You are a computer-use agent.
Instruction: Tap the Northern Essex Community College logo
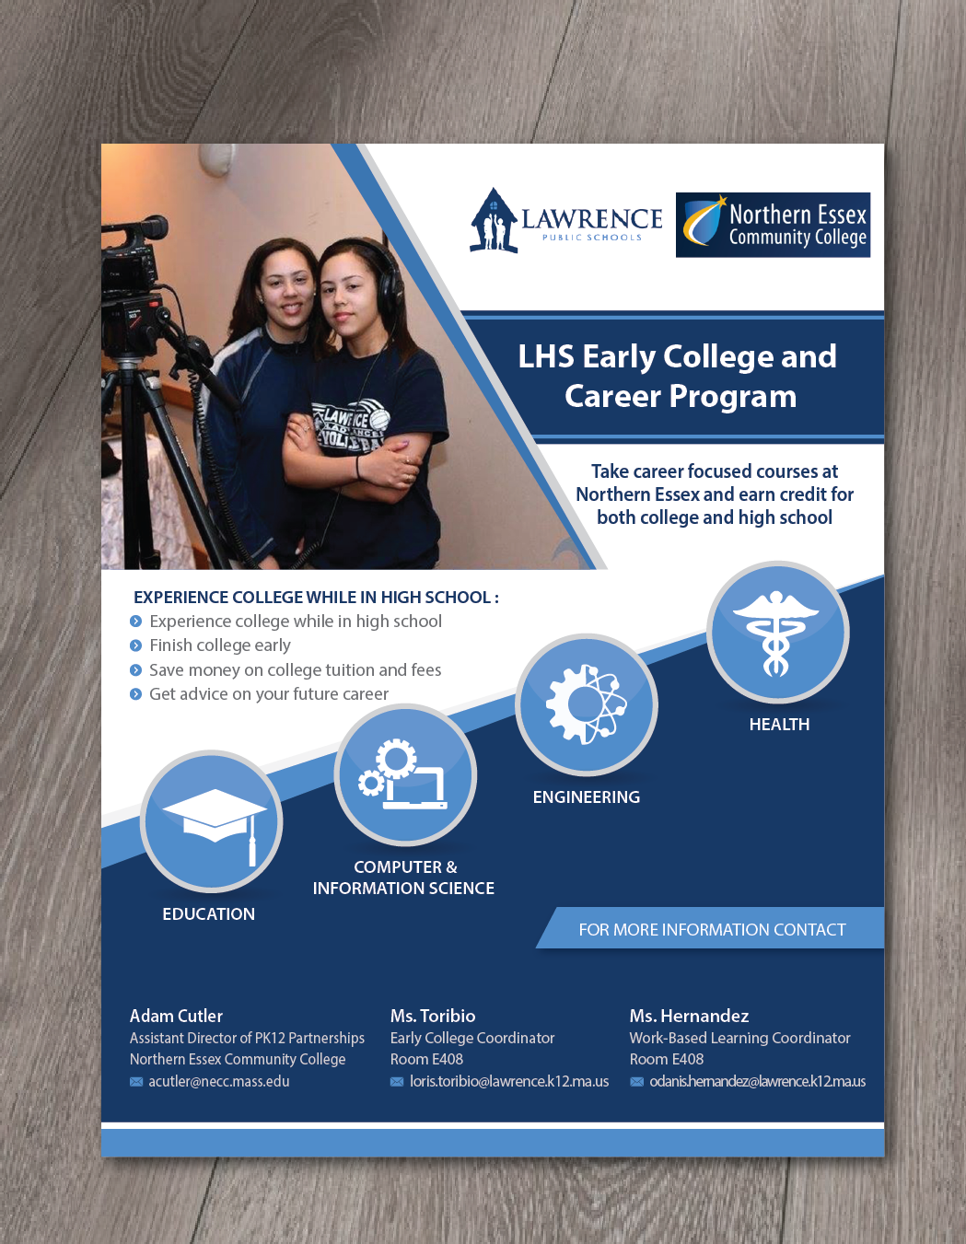(x=773, y=225)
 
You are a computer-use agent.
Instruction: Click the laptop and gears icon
(x=405, y=774)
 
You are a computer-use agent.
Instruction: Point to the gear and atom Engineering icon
(x=587, y=704)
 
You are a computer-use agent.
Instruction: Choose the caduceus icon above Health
(x=777, y=632)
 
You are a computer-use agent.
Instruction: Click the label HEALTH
(x=779, y=725)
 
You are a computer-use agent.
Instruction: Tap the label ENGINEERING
(x=586, y=797)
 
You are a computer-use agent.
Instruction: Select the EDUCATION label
(x=208, y=914)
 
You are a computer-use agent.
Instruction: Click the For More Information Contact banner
(x=711, y=929)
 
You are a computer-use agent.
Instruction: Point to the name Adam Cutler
(x=176, y=1016)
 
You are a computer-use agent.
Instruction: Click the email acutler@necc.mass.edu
(x=218, y=1081)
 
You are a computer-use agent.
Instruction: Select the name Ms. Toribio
(x=433, y=1016)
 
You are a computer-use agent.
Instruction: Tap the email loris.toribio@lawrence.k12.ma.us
(x=508, y=1081)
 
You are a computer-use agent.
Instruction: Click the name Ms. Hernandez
(x=689, y=1016)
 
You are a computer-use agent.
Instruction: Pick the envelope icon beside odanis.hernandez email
(x=636, y=1082)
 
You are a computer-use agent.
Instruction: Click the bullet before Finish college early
(x=136, y=645)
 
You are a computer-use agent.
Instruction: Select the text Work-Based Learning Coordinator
(x=739, y=1038)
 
